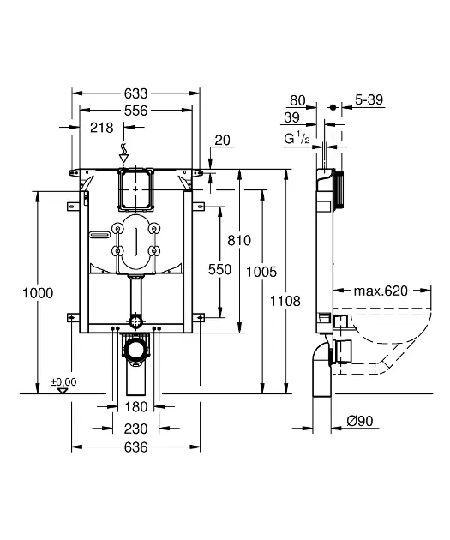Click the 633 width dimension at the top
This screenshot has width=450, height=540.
click(x=135, y=93)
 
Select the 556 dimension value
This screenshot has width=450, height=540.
click(x=135, y=111)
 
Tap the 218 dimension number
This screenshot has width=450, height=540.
click(x=101, y=128)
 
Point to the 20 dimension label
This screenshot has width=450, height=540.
click(x=222, y=141)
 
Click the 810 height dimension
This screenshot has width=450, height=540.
click(x=239, y=240)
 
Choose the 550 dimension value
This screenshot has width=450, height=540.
click(x=219, y=270)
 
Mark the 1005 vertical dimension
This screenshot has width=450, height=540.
click(x=261, y=272)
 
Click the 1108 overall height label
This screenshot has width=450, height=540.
click(x=285, y=302)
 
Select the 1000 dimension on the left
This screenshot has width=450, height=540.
click(x=38, y=293)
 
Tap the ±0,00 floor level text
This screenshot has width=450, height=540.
click(x=63, y=382)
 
